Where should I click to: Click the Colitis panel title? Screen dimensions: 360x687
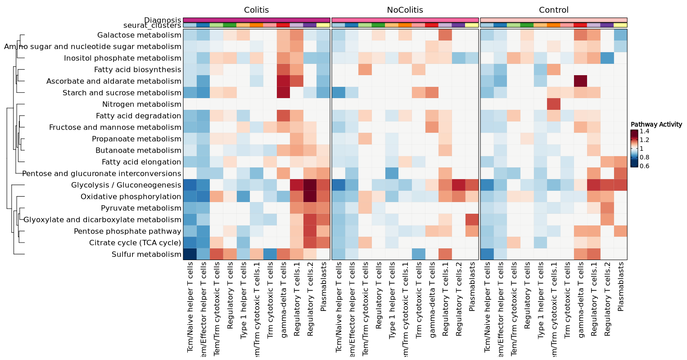tap(257, 10)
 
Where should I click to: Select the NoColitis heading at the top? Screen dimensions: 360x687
tap(405, 10)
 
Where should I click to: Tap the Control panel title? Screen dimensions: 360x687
tap(554, 10)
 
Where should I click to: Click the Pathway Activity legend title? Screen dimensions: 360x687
tap(656, 124)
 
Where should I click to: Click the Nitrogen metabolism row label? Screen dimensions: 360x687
tap(141, 104)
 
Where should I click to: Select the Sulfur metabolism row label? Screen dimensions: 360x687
tap(146, 255)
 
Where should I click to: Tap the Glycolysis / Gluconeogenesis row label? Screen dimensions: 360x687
tap(126, 185)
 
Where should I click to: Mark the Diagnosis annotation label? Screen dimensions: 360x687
tap(163, 20)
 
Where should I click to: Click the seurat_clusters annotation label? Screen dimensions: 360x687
tap(152, 26)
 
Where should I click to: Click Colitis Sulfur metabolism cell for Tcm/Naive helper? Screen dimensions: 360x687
tap(190, 255)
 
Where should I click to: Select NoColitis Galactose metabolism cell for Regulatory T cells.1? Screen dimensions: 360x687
tap(445, 35)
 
